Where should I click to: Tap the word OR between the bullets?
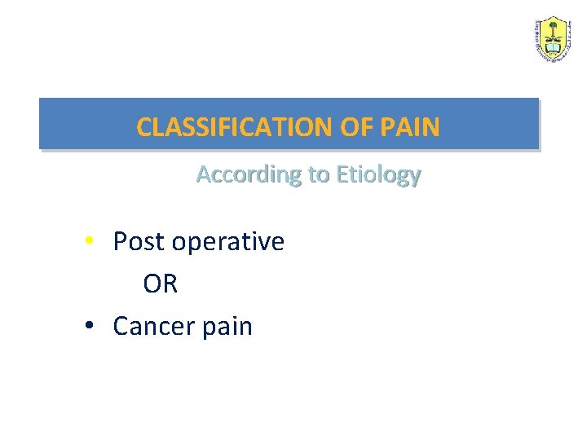tap(160, 284)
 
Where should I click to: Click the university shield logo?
tap(554, 38)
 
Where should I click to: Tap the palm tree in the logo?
tap(554, 32)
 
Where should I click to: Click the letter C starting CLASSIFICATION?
tap(143, 127)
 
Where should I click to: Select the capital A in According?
tap(204, 174)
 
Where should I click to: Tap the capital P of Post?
tap(120, 242)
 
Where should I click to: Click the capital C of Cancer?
tap(121, 327)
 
